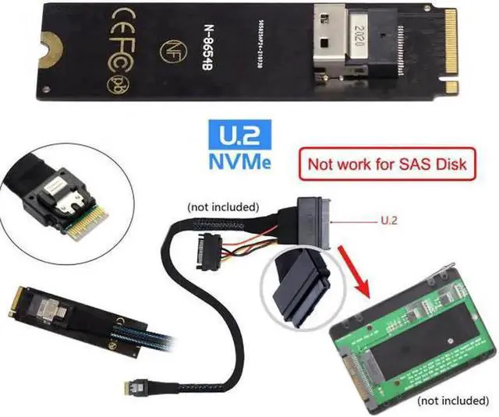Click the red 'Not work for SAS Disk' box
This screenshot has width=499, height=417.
387,164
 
